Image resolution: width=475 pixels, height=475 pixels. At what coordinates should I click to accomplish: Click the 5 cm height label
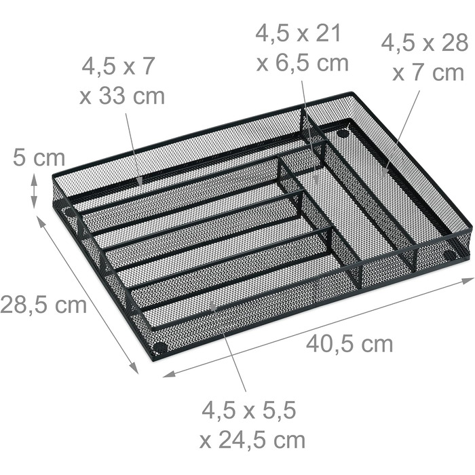coord(39,158)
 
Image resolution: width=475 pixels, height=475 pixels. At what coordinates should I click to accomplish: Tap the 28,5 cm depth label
coord(43,305)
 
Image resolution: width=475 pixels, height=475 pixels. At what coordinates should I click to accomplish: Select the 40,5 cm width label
coord(349,344)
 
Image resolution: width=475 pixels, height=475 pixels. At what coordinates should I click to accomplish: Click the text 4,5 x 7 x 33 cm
coord(121,81)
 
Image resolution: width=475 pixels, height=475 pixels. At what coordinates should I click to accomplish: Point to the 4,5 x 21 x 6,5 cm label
coord(302,48)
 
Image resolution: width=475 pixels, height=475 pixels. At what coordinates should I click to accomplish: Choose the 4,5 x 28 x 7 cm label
coord(425,58)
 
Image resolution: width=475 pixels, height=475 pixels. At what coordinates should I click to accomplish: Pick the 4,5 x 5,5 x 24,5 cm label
coord(252,425)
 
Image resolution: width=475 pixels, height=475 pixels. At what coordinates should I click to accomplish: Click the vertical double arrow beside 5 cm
coord(34,191)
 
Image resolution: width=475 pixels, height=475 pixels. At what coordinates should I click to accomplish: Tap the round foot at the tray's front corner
coord(160,347)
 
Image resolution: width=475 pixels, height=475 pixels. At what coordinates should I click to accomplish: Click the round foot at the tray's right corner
coord(449,254)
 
